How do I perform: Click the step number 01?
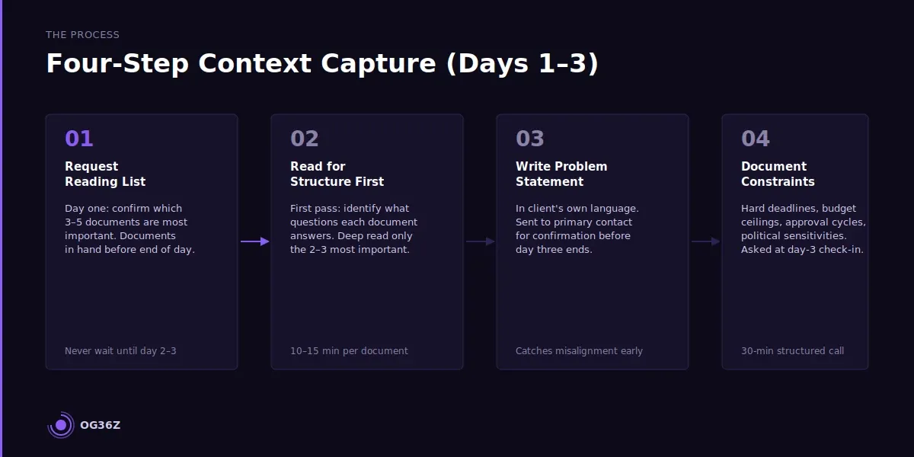pos(79,139)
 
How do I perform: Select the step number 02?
pos(305,139)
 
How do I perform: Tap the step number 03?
pos(530,139)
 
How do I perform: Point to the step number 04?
pos(756,139)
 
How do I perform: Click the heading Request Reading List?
pos(105,174)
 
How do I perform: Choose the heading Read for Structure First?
pos(337,174)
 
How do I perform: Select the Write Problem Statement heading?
pos(561,174)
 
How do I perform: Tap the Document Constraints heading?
pos(778,174)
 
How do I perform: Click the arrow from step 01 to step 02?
pos(254,241)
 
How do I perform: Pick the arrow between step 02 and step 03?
pos(480,241)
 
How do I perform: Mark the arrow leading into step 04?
pos(705,241)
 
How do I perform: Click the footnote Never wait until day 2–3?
pos(120,351)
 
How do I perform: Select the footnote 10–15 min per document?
pos(349,351)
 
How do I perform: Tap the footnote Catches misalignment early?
pos(579,351)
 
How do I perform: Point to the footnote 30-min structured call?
pos(792,351)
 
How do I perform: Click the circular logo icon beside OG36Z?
pos(61,425)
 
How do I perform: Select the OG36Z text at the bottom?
pos(100,425)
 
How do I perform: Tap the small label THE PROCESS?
pos(82,35)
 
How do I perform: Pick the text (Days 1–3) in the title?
pos(523,64)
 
